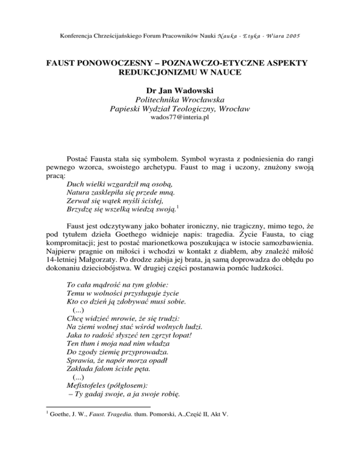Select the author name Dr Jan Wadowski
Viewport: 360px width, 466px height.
click(x=180, y=90)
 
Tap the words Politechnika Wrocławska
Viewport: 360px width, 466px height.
click(x=180, y=100)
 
